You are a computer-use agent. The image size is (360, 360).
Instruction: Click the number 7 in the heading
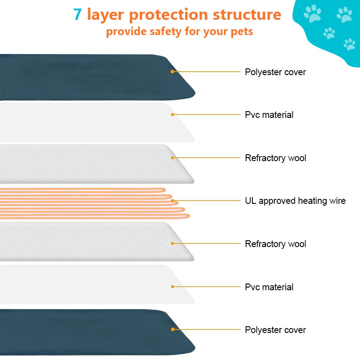point(77,14)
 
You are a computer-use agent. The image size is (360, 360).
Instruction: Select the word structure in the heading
point(247,14)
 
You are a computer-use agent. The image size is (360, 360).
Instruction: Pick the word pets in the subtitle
point(242,32)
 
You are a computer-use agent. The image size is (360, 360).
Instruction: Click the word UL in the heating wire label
point(250,201)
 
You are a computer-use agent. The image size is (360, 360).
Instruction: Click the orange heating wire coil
point(90,202)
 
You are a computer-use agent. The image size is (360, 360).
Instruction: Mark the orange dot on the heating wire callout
point(172,201)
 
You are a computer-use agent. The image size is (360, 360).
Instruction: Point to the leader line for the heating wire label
point(207,201)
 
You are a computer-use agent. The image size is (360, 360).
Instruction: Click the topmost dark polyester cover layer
point(90,76)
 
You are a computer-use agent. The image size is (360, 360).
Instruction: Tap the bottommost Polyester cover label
point(275,330)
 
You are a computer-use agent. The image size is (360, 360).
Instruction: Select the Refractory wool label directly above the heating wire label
point(275,158)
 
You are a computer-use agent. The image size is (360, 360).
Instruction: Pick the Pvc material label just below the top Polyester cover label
point(269,115)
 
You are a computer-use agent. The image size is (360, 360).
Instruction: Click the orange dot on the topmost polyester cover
point(172,72)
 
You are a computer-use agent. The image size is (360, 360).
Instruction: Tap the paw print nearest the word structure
point(312,13)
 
